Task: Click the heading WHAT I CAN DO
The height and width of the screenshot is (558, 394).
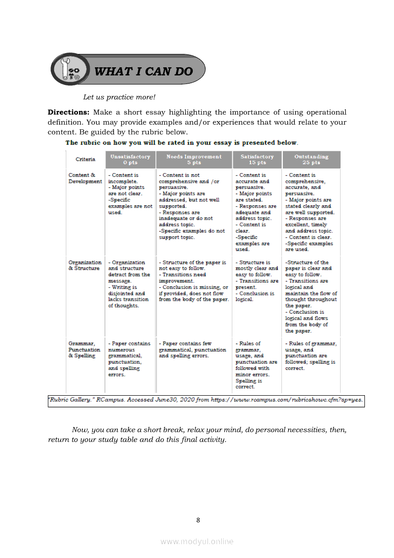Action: click(x=144, y=72)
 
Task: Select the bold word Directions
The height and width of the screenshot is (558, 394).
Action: click(x=68, y=112)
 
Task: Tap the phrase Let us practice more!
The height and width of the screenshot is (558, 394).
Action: click(x=119, y=97)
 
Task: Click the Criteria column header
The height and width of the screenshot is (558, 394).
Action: click(x=85, y=159)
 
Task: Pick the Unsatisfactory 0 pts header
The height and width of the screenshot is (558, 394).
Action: click(x=130, y=159)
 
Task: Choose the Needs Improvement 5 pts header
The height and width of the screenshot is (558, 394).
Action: click(x=194, y=159)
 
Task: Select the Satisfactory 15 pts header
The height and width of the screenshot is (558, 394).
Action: click(x=257, y=159)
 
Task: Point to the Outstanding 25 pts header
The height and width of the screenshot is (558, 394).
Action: click(x=311, y=159)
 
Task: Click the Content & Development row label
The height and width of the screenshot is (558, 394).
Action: click(x=85, y=179)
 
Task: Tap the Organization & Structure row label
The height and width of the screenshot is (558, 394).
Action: click(x=85, y=265)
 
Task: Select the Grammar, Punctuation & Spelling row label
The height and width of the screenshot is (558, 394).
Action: click(x=84, y=349)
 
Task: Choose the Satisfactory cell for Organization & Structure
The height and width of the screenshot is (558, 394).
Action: click(x=257, y=281)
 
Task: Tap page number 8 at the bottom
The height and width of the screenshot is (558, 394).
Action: click(x=198, y=520)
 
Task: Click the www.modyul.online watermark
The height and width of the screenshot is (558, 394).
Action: click(x=197, y=541)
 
